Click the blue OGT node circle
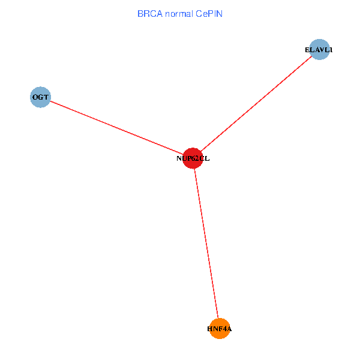pos(40,97)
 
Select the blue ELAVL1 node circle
pos(319,50)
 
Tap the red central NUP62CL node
pos(193,158)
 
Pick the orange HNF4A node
pos(220,329)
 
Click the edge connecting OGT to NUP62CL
pos(114,127)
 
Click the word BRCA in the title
pos(149,13)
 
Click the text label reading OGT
pos(40,97)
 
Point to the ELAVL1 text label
pos(319,50)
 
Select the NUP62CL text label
pos(193,159)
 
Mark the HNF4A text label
pos(220,329)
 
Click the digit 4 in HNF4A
pos(223,329)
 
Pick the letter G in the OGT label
pos(40,97)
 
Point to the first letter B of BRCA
pos(140,13)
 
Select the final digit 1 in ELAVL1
pos(330,50)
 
